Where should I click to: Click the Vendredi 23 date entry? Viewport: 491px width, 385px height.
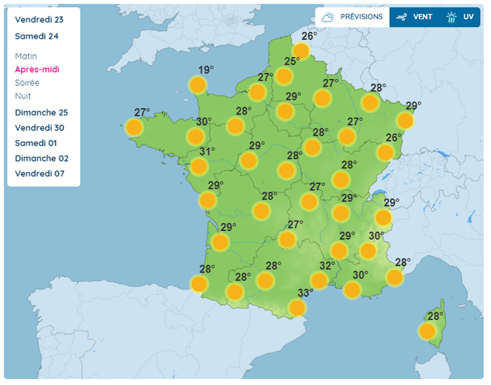[x=39, y=20]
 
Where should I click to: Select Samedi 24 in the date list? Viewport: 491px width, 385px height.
[x=37, y=36]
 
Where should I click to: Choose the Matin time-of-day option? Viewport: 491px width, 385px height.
[x=26, y=56]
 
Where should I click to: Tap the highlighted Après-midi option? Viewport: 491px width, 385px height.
[x=37, y=70]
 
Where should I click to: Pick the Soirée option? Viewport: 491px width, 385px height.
[x=27, y=83]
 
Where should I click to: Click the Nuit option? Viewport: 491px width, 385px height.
[x=23, y=96]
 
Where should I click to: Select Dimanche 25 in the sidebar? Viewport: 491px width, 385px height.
[x=41, y=113]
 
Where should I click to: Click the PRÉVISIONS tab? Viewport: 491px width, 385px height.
[x=361, y=16]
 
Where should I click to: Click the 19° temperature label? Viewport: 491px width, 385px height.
[x=206, y=70]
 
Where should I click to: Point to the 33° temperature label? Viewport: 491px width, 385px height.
[x=305, y=292]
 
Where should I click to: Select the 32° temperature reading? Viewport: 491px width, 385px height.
[x=327, y=266]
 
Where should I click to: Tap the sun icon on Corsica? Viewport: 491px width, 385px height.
[x=427, y=331]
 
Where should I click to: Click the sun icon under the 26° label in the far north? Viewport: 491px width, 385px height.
[x=301, y=50]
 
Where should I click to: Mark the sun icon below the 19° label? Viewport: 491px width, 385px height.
[x=198, y=85]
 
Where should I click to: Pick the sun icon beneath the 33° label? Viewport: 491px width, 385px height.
[x=297, y=307]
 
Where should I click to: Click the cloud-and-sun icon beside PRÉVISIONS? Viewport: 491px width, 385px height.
[x=327, y=16]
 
